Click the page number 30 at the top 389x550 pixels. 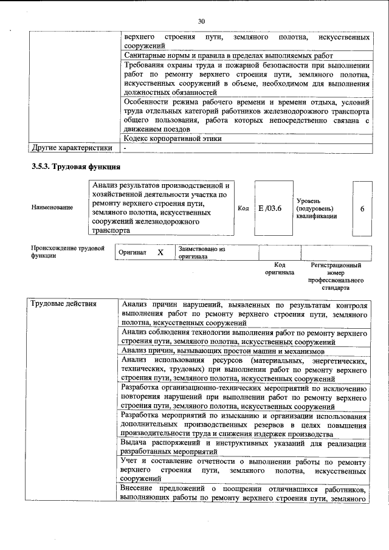[x=201, y=21]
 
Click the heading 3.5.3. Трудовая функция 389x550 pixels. [x=75, y=166]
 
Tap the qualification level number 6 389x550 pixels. [x=362, y=208]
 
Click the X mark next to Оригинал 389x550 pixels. [x=160, y=252]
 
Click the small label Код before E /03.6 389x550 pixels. [x=243, y=208]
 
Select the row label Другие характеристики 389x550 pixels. [x=72, y=148]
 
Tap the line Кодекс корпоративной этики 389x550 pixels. [x=171, y=138]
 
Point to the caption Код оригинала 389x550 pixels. [x=279, y=269]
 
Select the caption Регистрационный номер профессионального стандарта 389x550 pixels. [x=336, y=277]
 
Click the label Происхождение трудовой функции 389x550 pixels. [x=67, y=252]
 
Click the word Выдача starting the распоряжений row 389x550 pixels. [x=135, y=442]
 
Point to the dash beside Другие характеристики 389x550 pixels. [x=125, y=148]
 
